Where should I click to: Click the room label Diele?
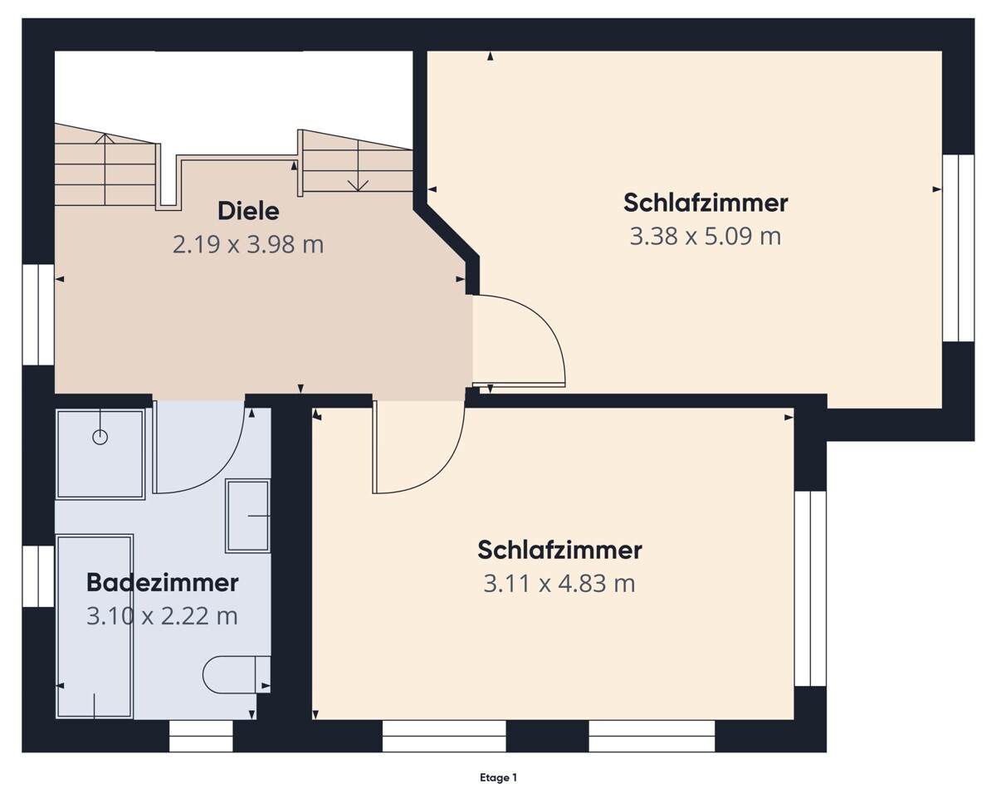(248, 211)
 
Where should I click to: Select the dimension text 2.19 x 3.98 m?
(248, 245)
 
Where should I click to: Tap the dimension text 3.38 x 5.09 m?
(705, 237)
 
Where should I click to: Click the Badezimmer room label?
(162, 583)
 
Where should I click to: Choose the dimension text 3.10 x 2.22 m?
(162, 616)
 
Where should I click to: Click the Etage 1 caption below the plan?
(498, 778)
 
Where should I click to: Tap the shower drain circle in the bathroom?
(100, 437)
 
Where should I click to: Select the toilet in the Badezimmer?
(236, 674)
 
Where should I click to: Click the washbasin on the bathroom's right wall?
(248, 516)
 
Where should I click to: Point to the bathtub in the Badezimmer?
(95, 627)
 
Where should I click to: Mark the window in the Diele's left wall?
(38, 315)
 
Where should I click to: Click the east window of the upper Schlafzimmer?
(958, 247)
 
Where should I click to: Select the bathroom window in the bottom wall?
(201, 736)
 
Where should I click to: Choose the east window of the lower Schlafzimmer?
(810, 589)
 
